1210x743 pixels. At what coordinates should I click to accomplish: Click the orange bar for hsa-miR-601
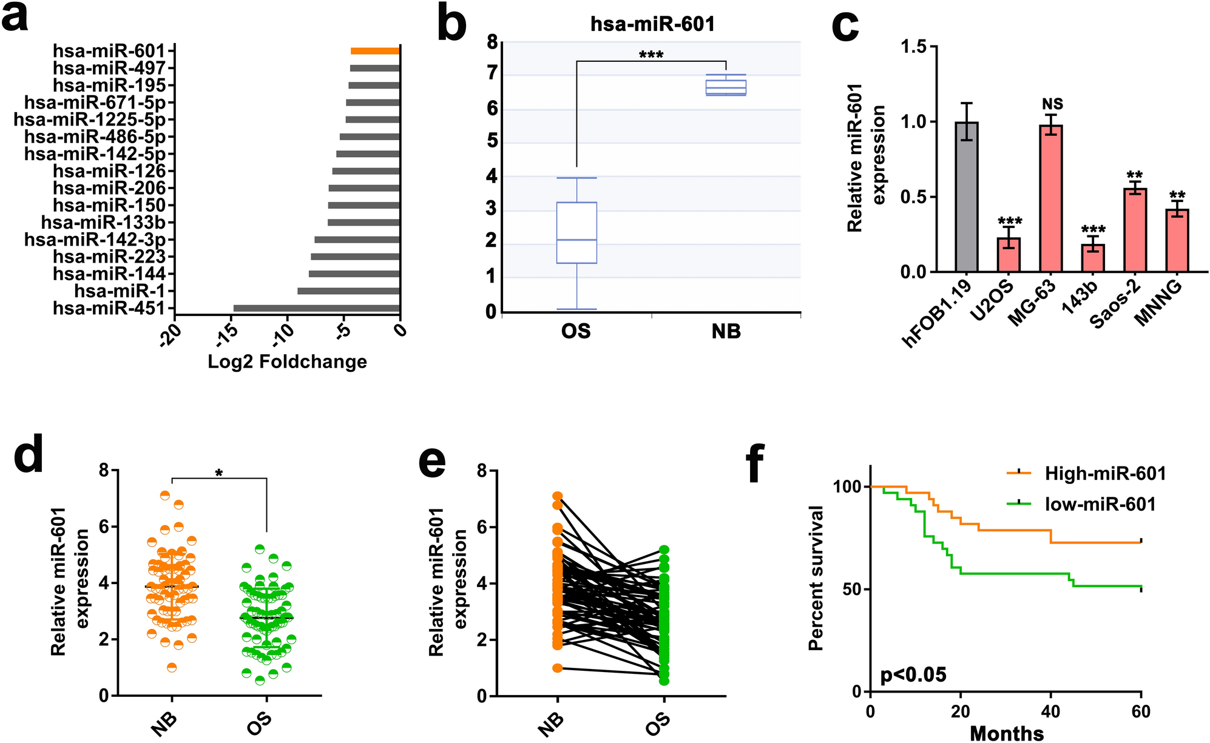click(x=375, y=52)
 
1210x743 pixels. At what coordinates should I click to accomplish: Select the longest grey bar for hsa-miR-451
click(x=316, y=309)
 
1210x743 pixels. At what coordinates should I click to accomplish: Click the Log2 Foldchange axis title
click(x=287, y=362)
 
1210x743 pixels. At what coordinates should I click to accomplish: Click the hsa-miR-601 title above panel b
click(x=652, y=24)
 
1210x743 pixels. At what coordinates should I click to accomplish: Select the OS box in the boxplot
click(x=576, y=233)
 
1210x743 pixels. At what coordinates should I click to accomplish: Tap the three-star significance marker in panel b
click(x=651, y=55)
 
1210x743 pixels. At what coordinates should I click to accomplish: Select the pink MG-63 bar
click(x=1051, y=198)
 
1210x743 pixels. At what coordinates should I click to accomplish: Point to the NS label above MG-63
click(x=1052, y=105)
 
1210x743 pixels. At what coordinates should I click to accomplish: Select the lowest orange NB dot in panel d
click(x=172, y=668)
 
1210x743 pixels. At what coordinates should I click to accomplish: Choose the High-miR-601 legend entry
click(x=1104, y=474)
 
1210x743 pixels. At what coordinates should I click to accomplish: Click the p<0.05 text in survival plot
click(x=913, y=674)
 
